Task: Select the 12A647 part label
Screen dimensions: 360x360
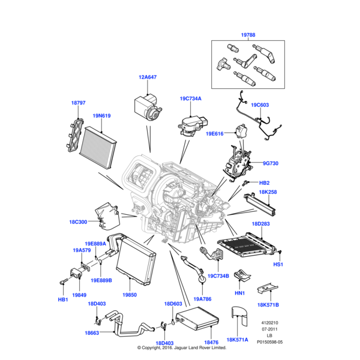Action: pyautogui.click(x=148, y=77)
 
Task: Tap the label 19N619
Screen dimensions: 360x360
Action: pyautogui.click(x=101, y=116)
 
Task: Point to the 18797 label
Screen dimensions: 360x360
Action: pyautogui.click(x=79, y=103)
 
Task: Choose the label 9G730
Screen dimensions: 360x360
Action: pyautogui.click(x=271, y=163)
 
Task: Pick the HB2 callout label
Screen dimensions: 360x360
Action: pyautogui.click(x=264, y=182)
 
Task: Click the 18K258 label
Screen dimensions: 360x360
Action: pyautogui.click(x=268, y=192)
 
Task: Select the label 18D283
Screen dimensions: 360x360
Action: pyautogui.click(x=262, y=224)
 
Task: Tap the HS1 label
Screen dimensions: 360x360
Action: pyautogui.click(x=278, y=265)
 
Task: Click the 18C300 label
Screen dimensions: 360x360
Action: pyautogui.click(x=78, y=222)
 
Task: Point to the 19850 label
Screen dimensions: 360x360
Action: pyautogui.click(x=130, y=295)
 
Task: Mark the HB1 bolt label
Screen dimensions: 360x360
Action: pyautogui.click(x=63, y=299)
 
